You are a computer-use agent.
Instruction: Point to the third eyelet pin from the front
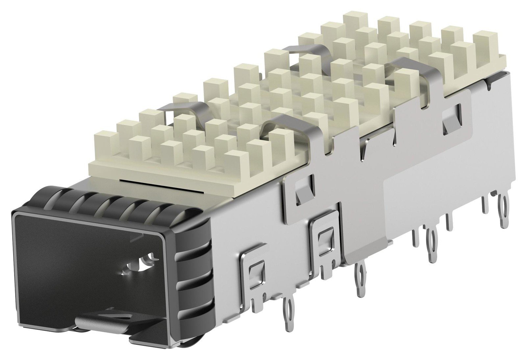pyautogui.click(x=431, y=245)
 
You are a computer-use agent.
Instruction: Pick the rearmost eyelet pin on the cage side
pyautogui.click(x=503, y=210)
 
